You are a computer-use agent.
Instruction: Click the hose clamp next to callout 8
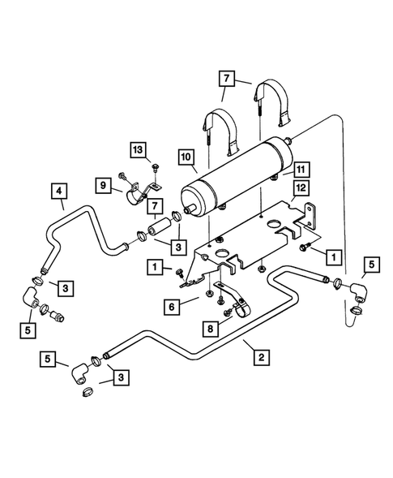[x=240, y=309]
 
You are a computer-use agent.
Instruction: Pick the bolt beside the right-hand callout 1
[x=305, y=247]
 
